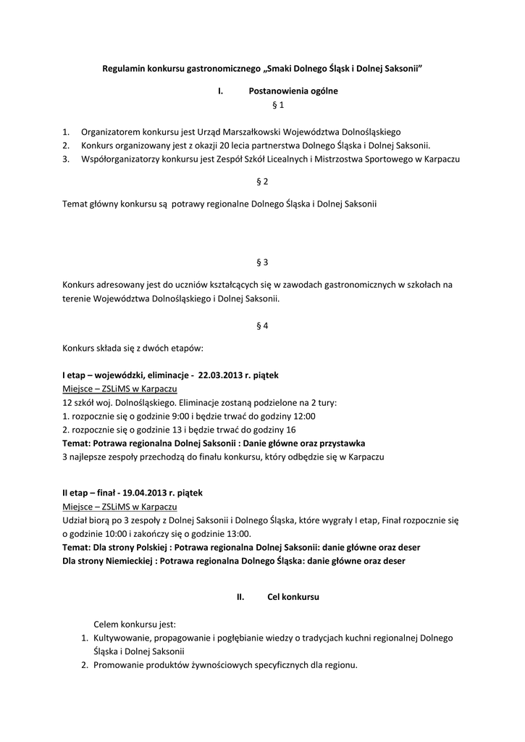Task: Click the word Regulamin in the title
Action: point(123,69)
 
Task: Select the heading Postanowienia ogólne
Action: point(293,91)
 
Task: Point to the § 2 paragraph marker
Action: point(262,181)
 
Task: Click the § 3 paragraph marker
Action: point(262,261)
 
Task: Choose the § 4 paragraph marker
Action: point(262,325)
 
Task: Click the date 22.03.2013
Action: point(219,376)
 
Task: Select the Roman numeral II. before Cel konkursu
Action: point(241,597)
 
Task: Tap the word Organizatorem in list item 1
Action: point(112,133)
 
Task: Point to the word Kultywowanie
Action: point(121,638)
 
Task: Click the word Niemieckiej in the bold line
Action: point(128,560)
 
